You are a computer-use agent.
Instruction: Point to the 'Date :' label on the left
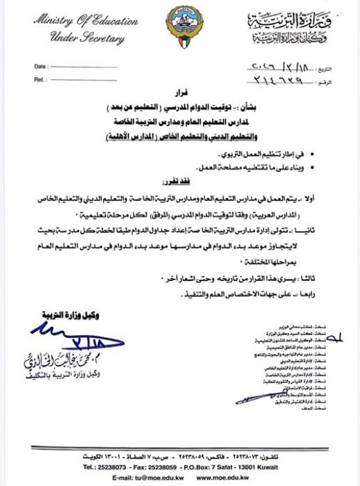tap(42, 65)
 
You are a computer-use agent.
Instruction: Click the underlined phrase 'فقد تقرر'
tap(288, 178)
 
